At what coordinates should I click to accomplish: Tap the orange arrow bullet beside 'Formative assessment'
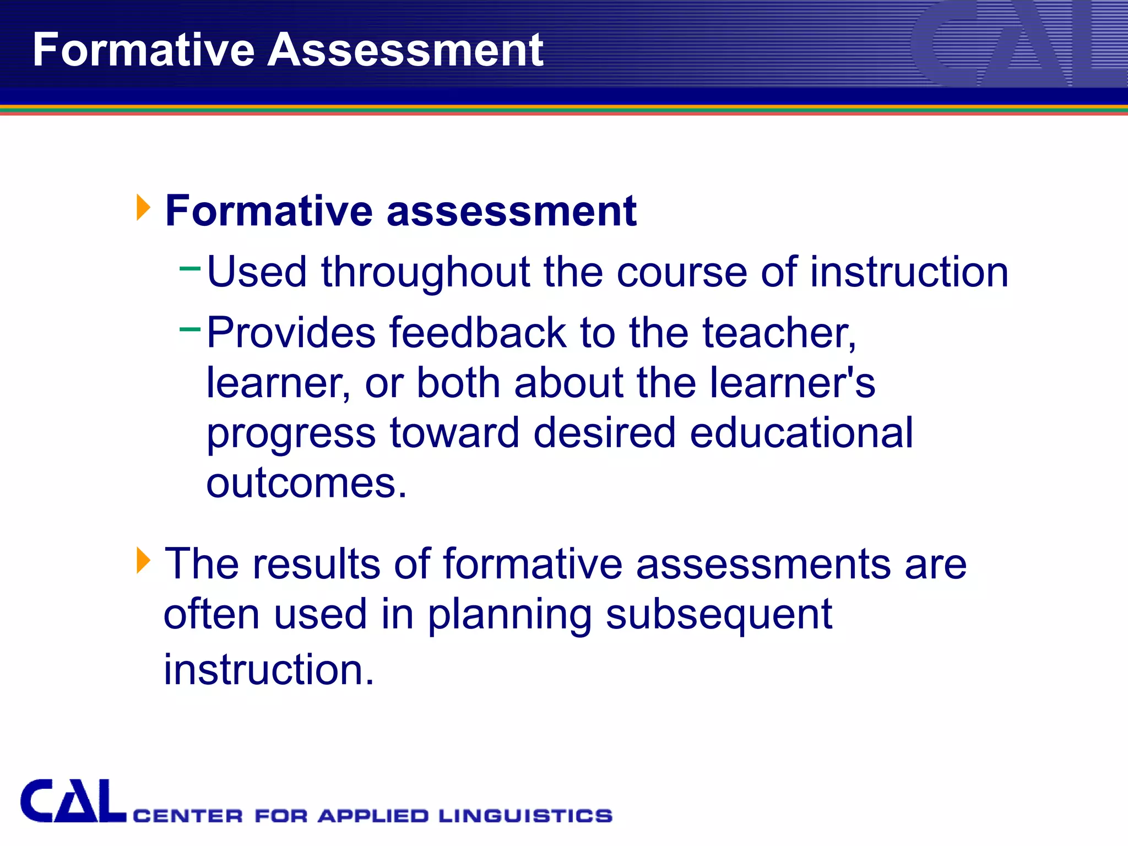point(143,208)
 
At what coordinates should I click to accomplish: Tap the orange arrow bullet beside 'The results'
point(143,560)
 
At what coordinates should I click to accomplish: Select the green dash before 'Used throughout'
point(190,269)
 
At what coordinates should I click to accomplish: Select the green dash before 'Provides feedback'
point(190,329)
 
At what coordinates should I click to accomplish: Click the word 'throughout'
point(425,272)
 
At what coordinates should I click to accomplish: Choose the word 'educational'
point(801,432)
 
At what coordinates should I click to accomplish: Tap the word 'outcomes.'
point(306,483)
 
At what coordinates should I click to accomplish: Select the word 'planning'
point(509,615)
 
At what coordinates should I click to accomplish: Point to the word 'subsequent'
point(719,615)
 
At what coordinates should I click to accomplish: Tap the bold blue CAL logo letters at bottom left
point(73,801)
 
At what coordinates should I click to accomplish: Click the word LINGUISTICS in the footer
point(525,816)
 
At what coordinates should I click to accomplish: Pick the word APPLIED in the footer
point(373,816)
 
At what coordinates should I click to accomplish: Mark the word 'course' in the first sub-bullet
point(681,272)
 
